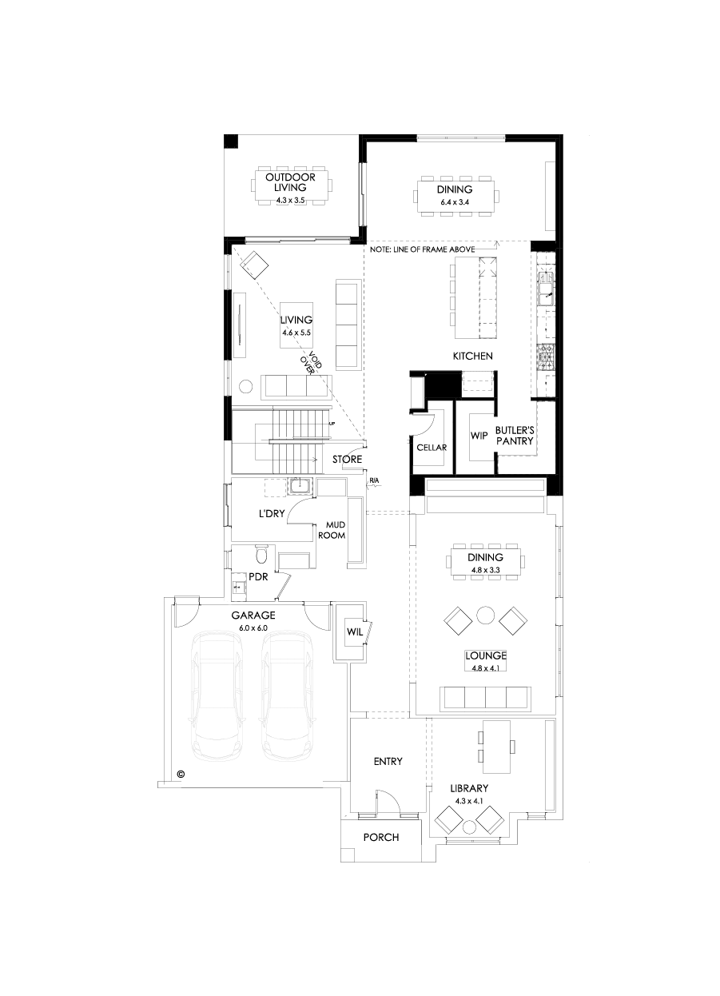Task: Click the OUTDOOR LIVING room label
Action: point(291,182)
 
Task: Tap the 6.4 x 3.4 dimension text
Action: point(455,203)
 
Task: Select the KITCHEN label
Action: point(472,356)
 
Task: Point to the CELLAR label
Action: point(432,448)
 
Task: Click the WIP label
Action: point(479,436)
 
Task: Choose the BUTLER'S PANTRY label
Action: point(514,435)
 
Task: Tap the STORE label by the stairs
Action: point(348,460)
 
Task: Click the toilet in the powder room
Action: point(260,554)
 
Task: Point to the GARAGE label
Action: point(253,616)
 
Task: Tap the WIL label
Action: point(354,631)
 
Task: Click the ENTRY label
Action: point(388,761)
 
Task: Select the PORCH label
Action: point(381,837)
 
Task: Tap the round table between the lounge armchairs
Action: point(485,616)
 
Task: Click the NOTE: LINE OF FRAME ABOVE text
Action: point(423,249)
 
